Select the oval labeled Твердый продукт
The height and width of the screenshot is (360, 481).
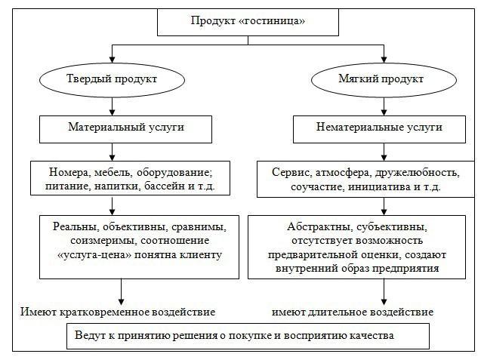coord(113,79)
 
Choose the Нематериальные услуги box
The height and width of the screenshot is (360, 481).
coord(368,128)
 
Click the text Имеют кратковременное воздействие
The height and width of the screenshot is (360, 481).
coord(118,311)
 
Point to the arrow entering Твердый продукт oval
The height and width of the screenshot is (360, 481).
coord(113,57)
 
